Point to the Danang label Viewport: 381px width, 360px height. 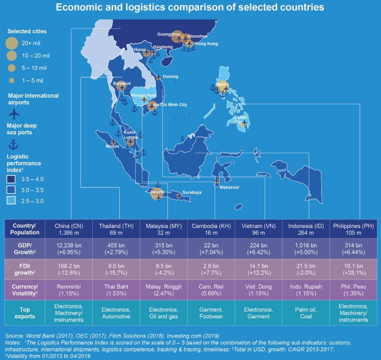pos(171,76)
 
